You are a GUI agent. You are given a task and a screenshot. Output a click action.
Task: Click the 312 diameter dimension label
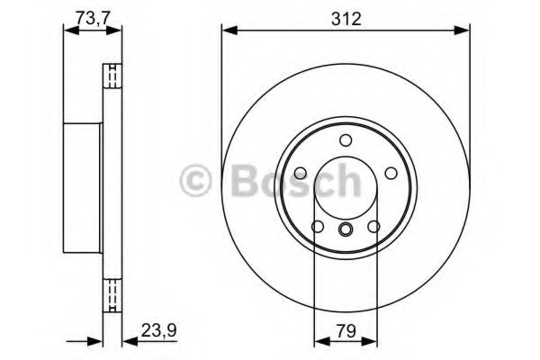(346, 18)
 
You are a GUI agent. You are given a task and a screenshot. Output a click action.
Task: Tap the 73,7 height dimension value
(92, 16)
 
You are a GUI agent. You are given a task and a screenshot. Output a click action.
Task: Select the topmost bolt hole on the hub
(346, 140)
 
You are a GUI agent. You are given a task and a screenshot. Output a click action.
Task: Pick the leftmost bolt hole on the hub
(301, 173)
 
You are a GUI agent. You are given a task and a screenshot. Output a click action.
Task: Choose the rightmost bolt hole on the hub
(391, 173)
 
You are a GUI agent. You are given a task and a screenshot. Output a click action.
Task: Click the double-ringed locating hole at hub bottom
(346, 229)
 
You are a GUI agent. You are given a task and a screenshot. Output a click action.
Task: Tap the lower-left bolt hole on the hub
(318, 226)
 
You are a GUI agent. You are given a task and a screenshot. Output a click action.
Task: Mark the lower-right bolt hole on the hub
(373, 226)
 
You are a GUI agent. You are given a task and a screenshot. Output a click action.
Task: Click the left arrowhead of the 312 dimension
(228, 31)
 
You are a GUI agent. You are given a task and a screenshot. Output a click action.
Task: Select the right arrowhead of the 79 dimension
(373, 341)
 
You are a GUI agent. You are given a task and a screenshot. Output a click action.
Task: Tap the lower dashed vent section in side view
(113, 293)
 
